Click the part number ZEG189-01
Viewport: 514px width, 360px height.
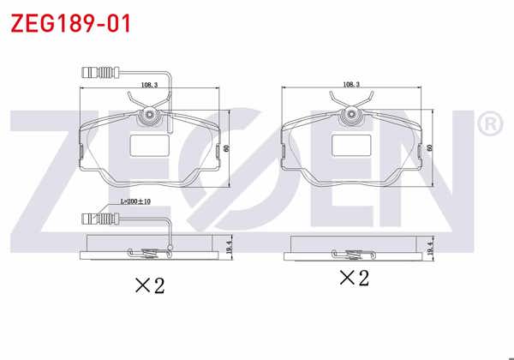70,23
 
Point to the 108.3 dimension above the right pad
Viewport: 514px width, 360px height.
350,85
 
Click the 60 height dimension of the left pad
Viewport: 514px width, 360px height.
228,147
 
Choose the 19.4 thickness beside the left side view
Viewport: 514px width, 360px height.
228,246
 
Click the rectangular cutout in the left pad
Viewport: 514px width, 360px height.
147,147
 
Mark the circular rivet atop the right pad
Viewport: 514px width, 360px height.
352,114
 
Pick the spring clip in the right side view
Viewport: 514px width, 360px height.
350,251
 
